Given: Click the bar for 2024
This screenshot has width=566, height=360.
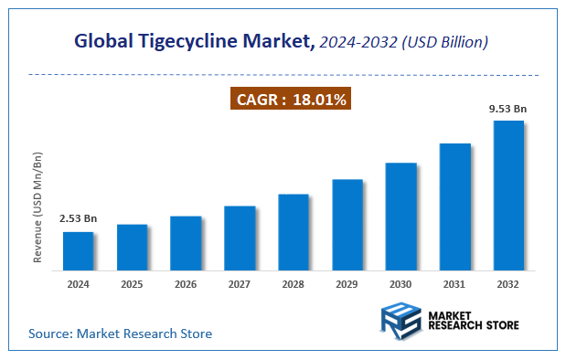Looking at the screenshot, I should point(78,251).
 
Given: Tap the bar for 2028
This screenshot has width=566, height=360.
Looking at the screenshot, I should point(294,232).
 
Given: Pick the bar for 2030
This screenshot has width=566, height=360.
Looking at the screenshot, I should point(401,217).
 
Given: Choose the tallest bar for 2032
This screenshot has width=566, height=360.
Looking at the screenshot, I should point(508,196).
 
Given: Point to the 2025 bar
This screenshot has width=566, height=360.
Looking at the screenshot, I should point(132,248).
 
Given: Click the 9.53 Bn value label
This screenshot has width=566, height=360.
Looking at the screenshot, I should point(508,110).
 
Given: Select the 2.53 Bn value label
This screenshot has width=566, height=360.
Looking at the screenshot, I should point(78,219).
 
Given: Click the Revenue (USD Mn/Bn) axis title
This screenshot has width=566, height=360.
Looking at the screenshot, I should point(38,207).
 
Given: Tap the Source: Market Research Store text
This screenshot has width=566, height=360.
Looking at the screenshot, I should point(120,334).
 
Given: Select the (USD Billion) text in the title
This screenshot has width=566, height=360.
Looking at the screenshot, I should point(445,42).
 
